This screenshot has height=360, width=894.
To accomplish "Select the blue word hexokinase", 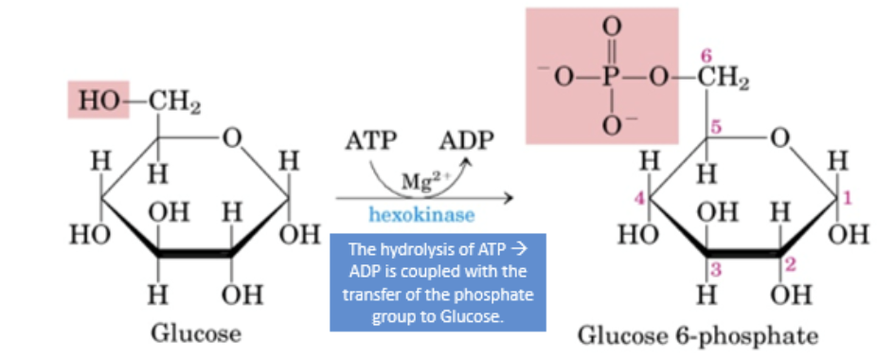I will [x=421, y=215].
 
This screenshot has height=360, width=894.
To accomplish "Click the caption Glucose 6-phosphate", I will [x=699, y=335].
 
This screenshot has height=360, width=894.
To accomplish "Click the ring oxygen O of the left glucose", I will [x=230, y=140].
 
